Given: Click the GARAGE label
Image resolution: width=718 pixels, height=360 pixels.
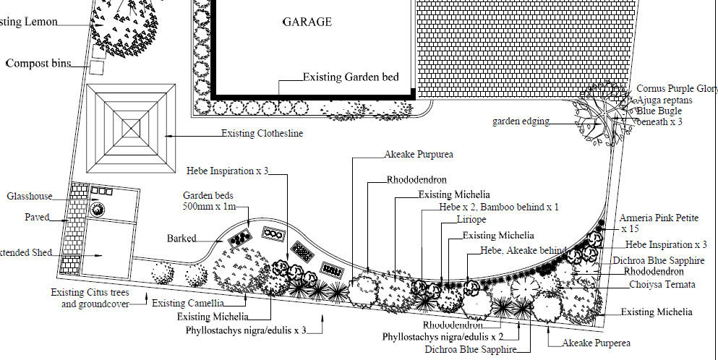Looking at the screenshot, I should pos(307,22).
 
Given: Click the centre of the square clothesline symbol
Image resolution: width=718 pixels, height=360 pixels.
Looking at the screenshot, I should pos(132,127).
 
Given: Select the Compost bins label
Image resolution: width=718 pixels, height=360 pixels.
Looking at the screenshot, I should pos(38,64).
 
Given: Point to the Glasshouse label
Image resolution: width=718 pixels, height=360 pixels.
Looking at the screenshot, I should pos(30,196).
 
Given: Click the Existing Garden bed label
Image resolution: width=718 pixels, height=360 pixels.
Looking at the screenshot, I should pos(351,77).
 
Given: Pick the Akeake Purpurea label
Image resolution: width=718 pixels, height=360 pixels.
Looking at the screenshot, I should pos(419,155).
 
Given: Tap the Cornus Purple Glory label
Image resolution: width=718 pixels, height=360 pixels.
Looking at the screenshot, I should pos(676,89).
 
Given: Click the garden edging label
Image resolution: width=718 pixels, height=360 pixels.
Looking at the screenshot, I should pos(521,121).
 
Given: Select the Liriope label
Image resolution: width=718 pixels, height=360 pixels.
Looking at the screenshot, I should pos(471,219).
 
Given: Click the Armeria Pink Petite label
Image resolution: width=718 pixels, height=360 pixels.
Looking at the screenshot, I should pos(659,218).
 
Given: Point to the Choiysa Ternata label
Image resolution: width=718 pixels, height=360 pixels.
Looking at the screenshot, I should pos(662,285).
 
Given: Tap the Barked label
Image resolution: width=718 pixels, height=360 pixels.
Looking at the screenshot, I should pos(181,238).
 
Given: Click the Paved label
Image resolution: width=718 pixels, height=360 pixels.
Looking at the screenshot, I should pos(37,217).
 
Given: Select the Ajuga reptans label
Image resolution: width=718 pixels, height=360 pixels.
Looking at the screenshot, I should pos(664,100).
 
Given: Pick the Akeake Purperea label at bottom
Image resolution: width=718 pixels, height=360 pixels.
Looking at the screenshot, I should pos(597,343).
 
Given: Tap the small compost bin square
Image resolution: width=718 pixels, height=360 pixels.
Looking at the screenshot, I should pos(97,67).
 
